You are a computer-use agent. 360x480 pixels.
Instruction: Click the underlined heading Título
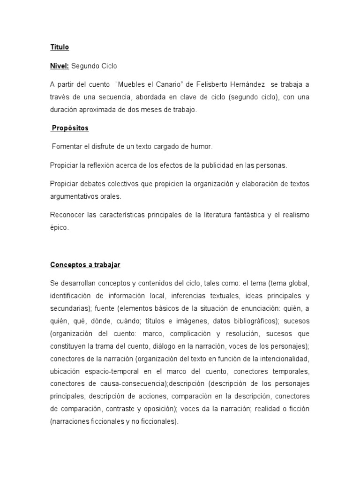tap(60, 47)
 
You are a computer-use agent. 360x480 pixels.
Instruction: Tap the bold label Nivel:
tap(60, 66)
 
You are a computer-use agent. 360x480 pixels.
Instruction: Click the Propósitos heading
tap(70, 128)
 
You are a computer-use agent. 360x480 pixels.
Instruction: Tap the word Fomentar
tap(67, 147)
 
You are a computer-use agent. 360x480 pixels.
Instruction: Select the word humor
tap(202, 147)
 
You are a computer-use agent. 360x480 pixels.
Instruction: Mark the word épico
tap(59, 227)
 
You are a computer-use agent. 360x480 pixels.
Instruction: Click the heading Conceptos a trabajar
tap(85, 265)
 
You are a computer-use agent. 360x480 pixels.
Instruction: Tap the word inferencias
tap(189, 296)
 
